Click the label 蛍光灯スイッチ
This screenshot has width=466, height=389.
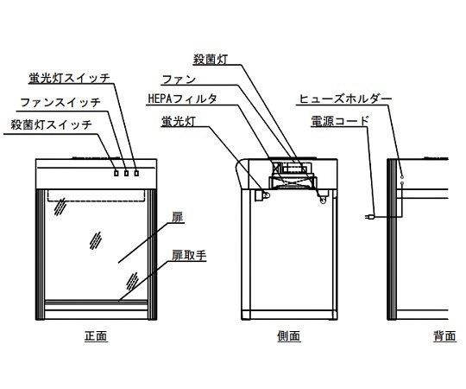coord(70,78)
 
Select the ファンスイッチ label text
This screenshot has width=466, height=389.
coord(60,102)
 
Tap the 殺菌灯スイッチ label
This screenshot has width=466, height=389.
coord(52,124)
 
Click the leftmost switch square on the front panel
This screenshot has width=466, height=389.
coord(116,173)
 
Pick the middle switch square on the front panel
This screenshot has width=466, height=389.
coord(126,173)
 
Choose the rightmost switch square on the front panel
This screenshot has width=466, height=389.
coord(136,173)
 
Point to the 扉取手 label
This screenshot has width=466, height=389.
coord(189,255)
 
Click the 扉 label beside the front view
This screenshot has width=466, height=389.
coord(178,217)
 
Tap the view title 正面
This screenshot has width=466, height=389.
coord(96,336)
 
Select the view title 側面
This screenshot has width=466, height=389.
coord(289,336)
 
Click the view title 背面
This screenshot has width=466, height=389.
coord(444,336)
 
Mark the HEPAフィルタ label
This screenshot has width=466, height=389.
coord(182,99)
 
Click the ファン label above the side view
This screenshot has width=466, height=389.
coord(179,80)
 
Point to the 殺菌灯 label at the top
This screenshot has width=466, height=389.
coord(211,60)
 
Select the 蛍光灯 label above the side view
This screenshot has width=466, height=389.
coord(179,121)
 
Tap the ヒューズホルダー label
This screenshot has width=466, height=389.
coord(345,99)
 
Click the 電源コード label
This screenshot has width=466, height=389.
coord(340,121)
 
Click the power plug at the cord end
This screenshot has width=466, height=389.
coord(369,217)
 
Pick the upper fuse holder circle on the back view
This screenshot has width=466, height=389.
coord(402,177)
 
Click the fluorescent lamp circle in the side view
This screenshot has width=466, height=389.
coord(267,195)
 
